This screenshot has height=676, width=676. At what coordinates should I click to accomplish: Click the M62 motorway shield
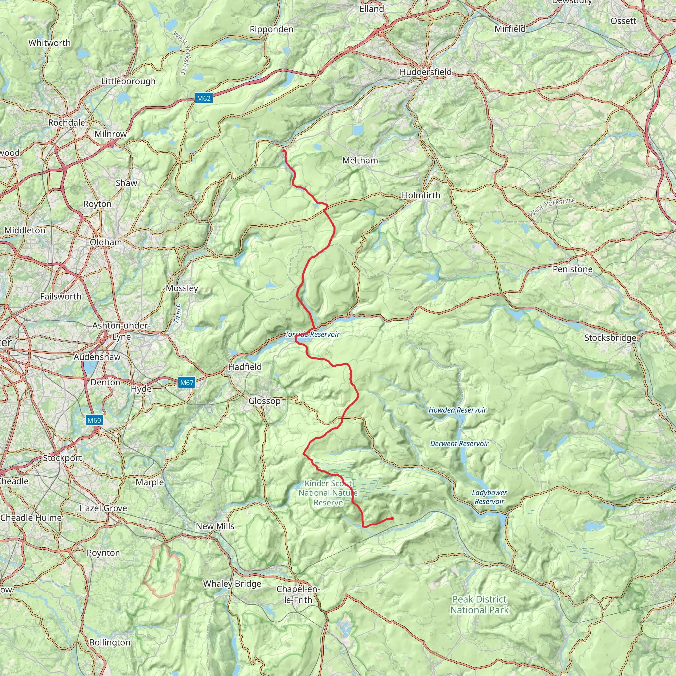coord(204,98)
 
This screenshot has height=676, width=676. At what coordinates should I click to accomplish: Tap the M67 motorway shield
coord(186,383)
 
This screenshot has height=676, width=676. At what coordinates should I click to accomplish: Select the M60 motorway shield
coord(94,420)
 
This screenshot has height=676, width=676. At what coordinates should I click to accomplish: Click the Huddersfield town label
coord(425,72)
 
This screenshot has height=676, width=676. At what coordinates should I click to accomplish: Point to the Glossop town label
coord(264,401)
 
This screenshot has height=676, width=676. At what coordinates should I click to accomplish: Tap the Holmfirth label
coord(421,195)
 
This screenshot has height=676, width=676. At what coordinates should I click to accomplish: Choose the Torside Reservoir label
coord(312,334)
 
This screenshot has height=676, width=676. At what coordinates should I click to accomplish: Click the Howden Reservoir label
coord(457,410)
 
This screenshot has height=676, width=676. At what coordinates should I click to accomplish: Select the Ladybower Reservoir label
coord(489,497)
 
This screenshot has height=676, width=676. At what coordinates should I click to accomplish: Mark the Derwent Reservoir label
coord(459,443)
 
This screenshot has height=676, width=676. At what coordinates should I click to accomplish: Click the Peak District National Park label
coord(479,605)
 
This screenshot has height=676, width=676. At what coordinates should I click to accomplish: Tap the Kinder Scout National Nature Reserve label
coord(328,493)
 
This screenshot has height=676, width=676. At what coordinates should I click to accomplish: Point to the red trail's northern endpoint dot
coord(284,151)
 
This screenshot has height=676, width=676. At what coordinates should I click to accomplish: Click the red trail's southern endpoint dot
coord(392,518)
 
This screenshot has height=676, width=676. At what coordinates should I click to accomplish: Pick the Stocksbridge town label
coord(610,338)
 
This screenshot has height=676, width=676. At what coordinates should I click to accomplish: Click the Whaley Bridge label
coord(232,584)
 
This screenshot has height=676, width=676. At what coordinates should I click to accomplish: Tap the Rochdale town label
coord(66,123)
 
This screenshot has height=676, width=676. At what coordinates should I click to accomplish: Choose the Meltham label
coord(360,161)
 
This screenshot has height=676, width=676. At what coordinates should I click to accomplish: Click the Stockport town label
coord(62,458)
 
